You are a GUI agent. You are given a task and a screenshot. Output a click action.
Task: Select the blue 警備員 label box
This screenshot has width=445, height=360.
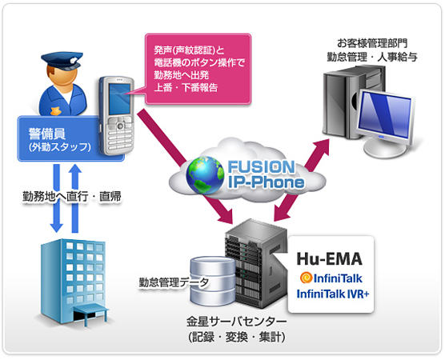tap(70, 138)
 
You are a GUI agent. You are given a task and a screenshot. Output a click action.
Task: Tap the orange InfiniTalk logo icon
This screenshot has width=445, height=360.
tap(305, 277)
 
